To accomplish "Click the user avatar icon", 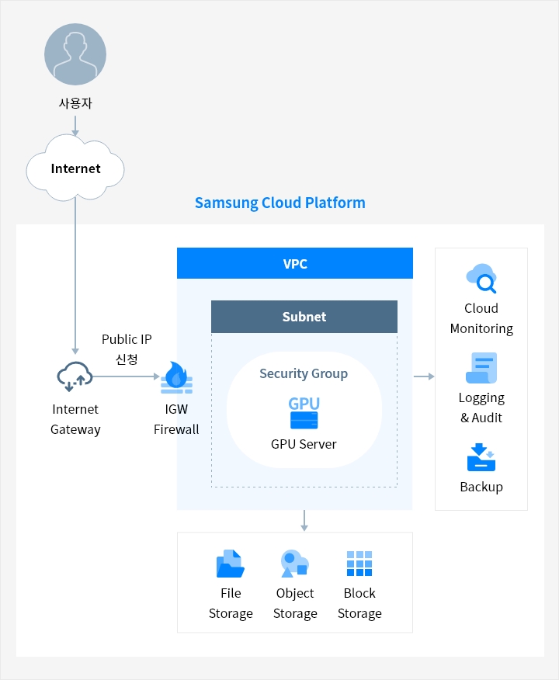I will coord(75,54).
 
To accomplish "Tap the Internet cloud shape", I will coord(75,168).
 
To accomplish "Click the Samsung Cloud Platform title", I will coord(279,203).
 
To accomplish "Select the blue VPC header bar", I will coord(295,264).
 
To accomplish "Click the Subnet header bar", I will coord(304,317).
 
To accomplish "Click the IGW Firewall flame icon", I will coord(176,378).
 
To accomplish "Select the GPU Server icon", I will coord(304,413).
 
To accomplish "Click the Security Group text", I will coord(304,373).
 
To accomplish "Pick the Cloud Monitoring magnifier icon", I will coord(481,278).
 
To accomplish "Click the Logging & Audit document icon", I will coord(481,368).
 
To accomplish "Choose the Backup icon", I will coord(481,457).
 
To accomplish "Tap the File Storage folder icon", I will coord(230,564).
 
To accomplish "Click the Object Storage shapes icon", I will coord(295,564).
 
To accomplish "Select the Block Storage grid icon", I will coord(359,564).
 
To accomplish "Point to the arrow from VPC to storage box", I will coord(304,521).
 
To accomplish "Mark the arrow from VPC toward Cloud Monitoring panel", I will coord(424,376).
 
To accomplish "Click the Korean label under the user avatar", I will coord(75,102).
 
